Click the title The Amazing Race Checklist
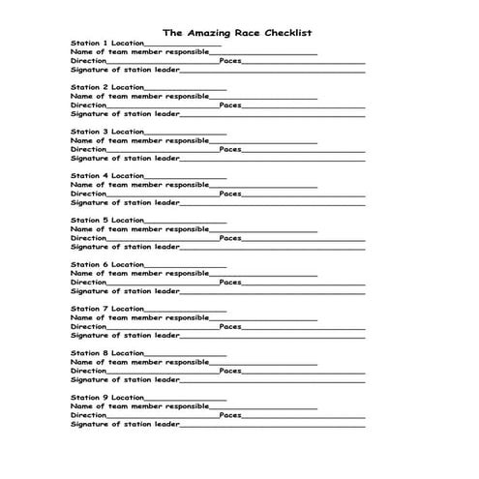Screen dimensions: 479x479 pyautogui.click(x=236, y=32)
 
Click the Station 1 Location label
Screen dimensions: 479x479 pyautogui.click(x=106, y=44)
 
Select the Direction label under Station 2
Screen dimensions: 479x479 pyautogui.click(x=89, y=105)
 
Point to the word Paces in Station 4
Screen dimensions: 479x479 pyautogui.click(x=230, y=194)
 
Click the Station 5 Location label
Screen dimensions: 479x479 pyautogui.click(x=106, y=221)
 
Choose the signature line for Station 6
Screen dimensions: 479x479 pyautogui.click(x=273, y=291)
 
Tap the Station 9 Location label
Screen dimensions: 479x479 pyautogui.click(x=106, y=398)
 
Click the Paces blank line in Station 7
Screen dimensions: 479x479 pyautogui.click(x=304, y=327)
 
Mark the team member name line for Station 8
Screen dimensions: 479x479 pyautogui.click(x=263, y=363)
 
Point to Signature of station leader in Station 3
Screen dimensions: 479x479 pyautogui.click(x=126, y=158)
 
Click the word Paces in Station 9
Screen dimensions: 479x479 pyautogui.click(x=230, y=415)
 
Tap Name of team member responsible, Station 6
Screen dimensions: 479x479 pyautogui.click(x=139, y=274)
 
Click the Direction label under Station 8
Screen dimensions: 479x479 pyautogui.click(x=89, y=371)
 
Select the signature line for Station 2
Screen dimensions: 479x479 pyautogui.click(x=273, y=114)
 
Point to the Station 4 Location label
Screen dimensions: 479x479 pyautogui.click(x=106, y=176)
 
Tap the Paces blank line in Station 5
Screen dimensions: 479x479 pyautogui.click(x=304, y=238)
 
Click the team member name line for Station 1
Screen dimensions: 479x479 pyautogui.click(x=263, y=52)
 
